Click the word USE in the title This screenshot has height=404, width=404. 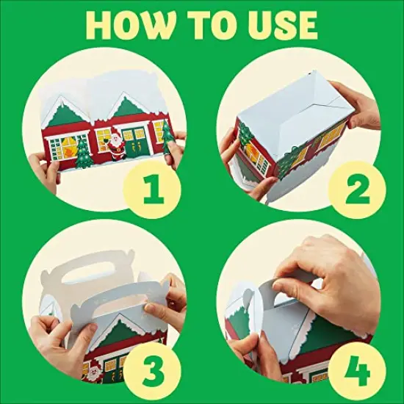coord(273,26)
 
